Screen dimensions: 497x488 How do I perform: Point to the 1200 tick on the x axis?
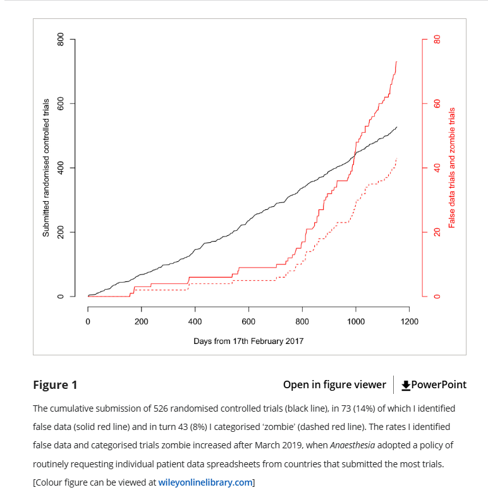[409, 321]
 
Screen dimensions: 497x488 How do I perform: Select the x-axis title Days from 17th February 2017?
[248, 341]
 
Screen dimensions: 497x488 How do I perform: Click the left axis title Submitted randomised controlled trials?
[46, 168]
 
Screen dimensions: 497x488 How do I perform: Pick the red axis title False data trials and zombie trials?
[451, 168]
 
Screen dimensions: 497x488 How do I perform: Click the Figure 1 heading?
[55, 384]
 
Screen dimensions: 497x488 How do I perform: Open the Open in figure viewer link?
[334, 384]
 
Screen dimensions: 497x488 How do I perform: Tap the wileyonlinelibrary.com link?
[205, 482]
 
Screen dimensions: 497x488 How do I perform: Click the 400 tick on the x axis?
[195, 321]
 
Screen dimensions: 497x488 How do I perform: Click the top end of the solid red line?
[396, 62]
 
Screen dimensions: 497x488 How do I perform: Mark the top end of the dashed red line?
[396, 159]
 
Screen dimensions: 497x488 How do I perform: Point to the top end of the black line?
[397, 127]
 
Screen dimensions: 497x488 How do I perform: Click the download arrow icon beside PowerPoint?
[406, 384]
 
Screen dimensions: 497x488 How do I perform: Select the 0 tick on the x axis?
[88, 321]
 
